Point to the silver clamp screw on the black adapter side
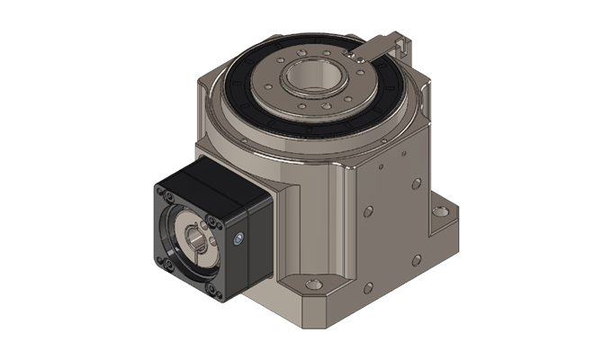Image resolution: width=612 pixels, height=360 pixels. (238, 239)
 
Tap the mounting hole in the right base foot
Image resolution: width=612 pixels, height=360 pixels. (440, 213)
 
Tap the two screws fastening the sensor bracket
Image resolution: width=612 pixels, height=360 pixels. (359, 56)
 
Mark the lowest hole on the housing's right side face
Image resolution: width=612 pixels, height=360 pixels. (367, 288)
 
